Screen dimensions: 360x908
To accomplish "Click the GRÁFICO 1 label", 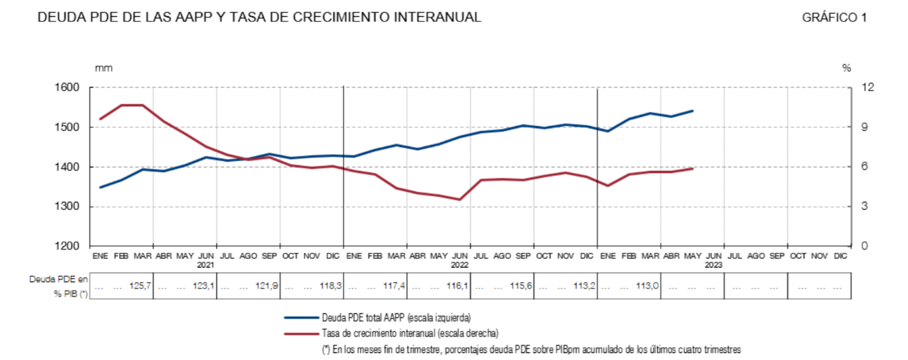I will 834,18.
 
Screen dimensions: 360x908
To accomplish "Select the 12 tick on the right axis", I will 848,88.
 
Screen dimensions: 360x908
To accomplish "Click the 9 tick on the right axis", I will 846,127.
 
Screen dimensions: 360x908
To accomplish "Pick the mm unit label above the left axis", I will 104,68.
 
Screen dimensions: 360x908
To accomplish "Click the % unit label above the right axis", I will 846,68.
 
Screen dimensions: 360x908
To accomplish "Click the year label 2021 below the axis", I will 206,265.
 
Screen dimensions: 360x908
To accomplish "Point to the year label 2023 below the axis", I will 713,265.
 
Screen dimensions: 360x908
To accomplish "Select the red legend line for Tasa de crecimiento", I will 300,333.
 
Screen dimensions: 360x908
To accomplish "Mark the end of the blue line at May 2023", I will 692,111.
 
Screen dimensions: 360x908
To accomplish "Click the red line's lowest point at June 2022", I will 460,200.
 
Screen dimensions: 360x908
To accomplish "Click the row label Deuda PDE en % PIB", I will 59,286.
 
